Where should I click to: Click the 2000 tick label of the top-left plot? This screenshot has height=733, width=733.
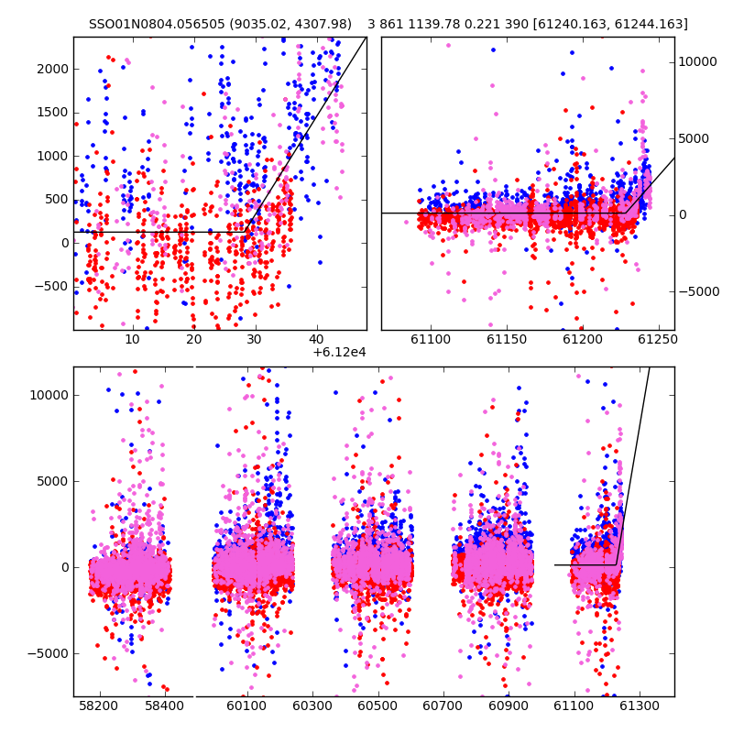coord(53,70)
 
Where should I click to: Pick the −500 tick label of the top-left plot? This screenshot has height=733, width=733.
coord(51,286)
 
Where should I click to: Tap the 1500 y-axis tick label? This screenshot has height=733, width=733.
coord(53,113)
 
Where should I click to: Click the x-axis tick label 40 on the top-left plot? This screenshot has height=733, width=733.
coord(316,339)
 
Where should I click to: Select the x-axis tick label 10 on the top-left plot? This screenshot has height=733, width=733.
coord(132,339)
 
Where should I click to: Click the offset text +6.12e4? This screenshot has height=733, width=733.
coord(339,353)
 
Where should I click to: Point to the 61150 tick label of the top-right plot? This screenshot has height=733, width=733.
coord(507,339)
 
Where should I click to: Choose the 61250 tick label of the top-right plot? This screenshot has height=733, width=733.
coord(657,339)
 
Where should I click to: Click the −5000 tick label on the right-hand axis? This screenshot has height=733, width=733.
coord(699,291)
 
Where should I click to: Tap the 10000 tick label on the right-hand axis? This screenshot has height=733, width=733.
coord(697,61)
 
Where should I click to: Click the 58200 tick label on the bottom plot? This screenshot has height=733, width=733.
coord(98,706)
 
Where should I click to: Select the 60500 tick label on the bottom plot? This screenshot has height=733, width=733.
coord(377,706)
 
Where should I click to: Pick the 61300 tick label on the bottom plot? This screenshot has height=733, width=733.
coord(639,706)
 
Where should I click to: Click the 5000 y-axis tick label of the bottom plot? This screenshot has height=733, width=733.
coord(53,482)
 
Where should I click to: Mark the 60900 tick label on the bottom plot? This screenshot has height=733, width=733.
coord(509,706)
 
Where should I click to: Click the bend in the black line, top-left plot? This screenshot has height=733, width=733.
coord(246,232)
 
